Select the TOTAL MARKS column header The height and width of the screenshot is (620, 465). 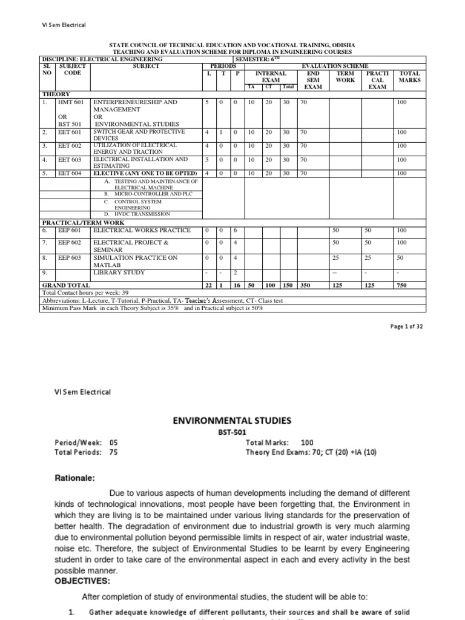click(x=409, y=76)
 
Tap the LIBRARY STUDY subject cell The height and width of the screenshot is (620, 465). click(x=119, y=272)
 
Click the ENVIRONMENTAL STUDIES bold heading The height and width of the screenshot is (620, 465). click(x=232, y=420)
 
